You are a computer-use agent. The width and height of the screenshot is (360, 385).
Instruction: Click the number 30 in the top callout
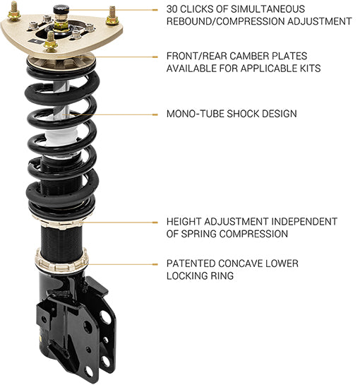[x=174, y=8]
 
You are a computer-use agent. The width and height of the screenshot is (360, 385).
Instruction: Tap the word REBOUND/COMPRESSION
[x=233, y=21]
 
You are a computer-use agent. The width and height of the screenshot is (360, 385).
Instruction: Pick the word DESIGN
[x=277, y=113]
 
